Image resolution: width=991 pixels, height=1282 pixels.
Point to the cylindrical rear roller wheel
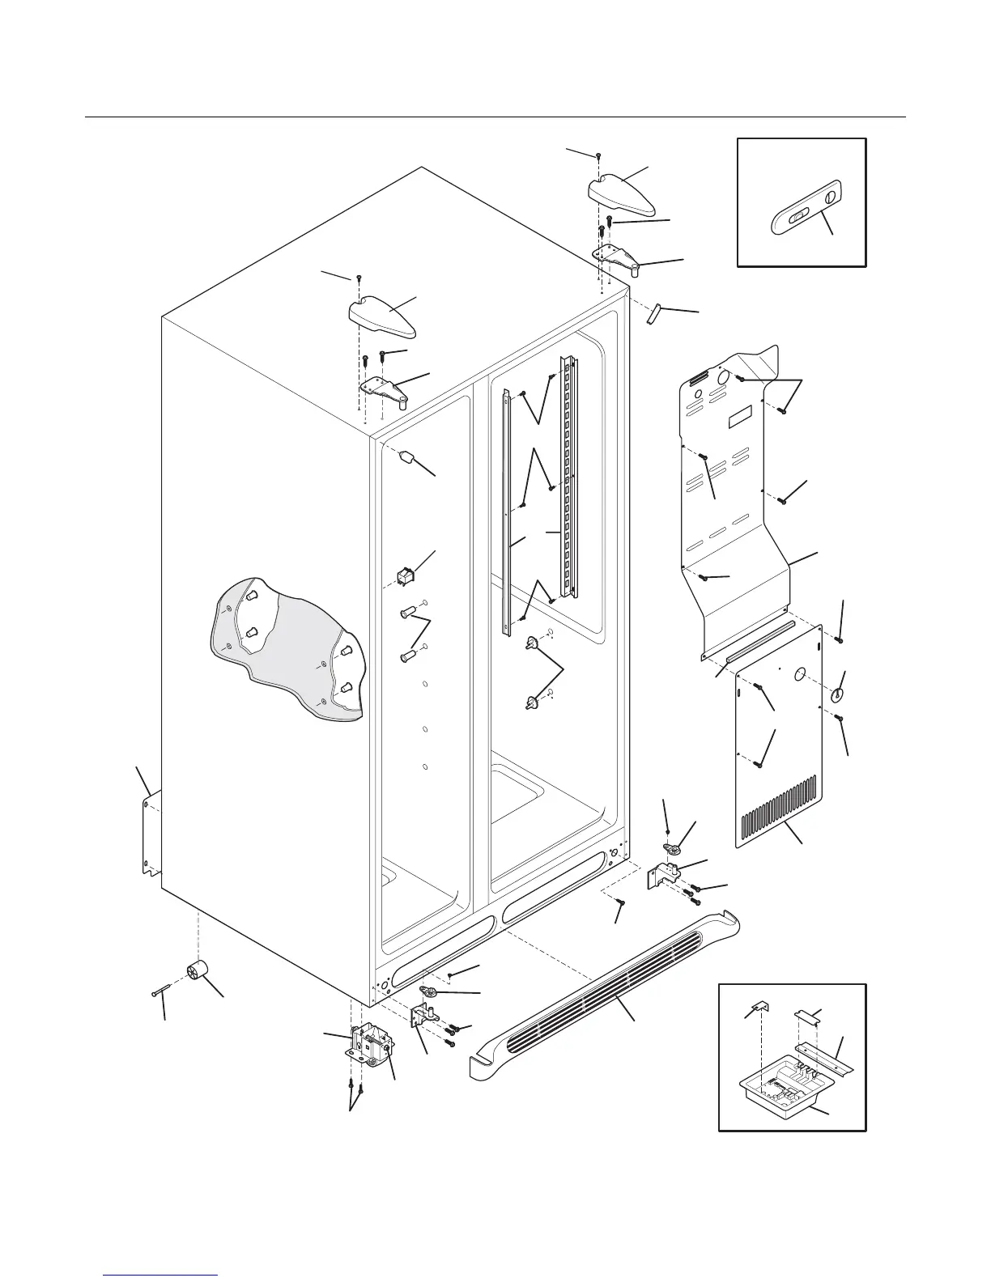point(198,970)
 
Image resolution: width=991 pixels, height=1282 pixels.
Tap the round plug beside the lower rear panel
point(838,694)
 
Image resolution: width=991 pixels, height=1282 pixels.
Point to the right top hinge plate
point(619,260)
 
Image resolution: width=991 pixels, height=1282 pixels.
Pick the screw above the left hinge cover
point(358,278)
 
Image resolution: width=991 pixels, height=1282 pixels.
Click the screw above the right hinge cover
point(598,154)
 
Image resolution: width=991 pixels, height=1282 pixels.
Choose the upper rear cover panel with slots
point(729,486)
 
